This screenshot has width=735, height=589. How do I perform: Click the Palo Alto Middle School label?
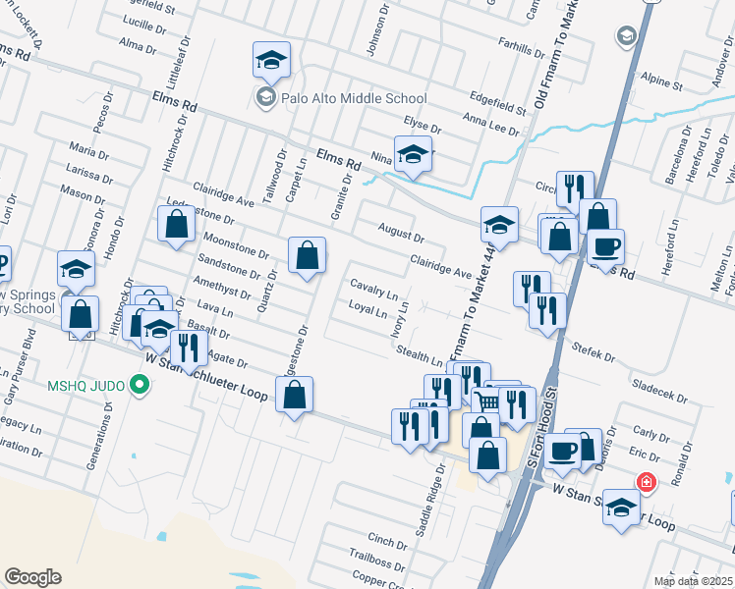coord(354,98)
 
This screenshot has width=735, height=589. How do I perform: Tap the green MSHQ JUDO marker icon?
coord(140,386)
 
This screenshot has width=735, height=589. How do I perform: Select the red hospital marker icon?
coord(646,482)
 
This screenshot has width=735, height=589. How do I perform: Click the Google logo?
coord(32,577)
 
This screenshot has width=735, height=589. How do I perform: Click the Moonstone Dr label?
coord(235,245)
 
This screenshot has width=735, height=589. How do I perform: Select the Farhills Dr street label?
coord(521,44)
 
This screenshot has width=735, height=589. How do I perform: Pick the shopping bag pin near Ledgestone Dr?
coord(175,223)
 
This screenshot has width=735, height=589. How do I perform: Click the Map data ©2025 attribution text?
coord(693,581)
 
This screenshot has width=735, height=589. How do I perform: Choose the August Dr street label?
coord(401,233)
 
